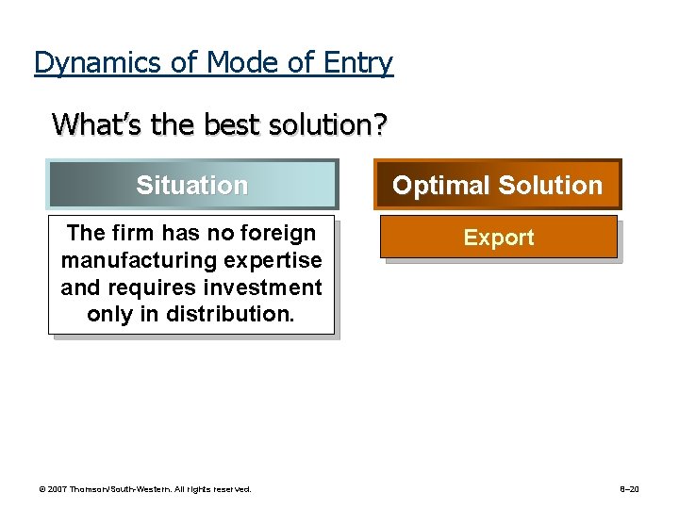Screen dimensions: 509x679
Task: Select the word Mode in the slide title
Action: click(235, 63)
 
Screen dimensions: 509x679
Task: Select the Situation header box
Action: click(192, 185)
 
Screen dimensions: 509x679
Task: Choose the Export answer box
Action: click(499, 238)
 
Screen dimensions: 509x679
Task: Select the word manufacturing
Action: click(135, 260)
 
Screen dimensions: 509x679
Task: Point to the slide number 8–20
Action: click(629, 489)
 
